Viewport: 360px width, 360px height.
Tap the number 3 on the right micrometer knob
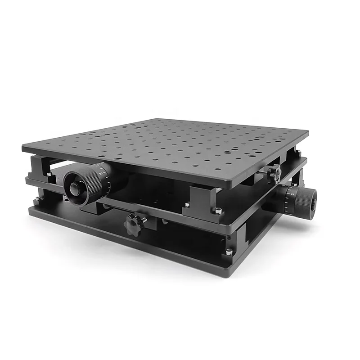pos(292,193)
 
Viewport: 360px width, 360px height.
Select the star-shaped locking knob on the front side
pos(135,222)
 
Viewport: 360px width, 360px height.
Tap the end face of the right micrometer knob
pos(312,204)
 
